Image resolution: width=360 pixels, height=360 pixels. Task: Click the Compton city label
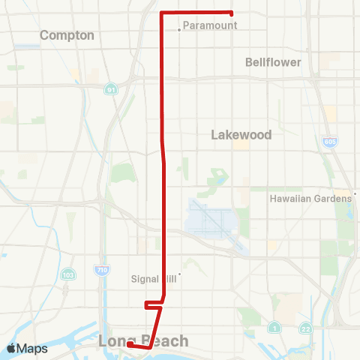[x=67, y=35]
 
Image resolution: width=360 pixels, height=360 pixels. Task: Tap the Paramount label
[x=211, y=25]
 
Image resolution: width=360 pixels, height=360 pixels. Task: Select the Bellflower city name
[x=273, y=62]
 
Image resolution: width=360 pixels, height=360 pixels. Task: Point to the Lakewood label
[x=241, y=135]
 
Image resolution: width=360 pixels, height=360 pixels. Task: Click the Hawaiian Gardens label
[x=310, y=199]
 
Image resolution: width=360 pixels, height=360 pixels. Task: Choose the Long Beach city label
[x=143, y=342]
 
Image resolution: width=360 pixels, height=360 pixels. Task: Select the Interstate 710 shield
[x=101, y=268]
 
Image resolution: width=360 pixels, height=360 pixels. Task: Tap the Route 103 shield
[x=68, y=274]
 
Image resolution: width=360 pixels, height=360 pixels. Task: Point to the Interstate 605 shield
[x=331, y=141]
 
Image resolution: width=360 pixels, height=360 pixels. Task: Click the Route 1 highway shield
[x=274, y=327]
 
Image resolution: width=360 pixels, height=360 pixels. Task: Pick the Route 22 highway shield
[x=305, y=327]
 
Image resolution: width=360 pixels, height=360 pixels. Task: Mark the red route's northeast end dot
[x=231, y=13]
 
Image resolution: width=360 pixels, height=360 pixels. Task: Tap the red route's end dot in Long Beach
[x=130, y=345]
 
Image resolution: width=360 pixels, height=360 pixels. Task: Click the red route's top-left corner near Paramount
[x=163, y=13]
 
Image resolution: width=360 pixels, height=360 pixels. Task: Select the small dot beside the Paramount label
[x=179, y=30]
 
